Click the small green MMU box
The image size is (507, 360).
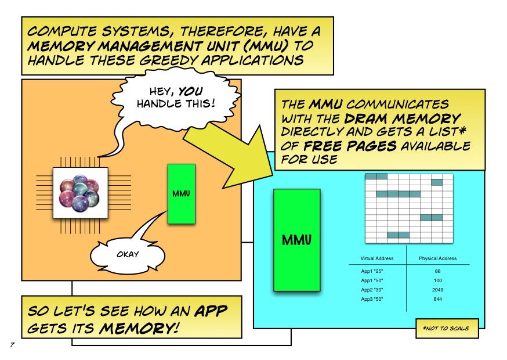(x=182, y=193)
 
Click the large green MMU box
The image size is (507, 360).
(x=297, y=240)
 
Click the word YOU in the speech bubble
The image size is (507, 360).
(x=190, y=91)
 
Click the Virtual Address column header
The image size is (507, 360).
(x=377, y=258)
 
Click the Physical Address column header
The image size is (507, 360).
(x=438, y=258)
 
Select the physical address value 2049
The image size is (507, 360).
(x=438, y=290)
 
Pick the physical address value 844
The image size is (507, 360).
(x=438, y=299)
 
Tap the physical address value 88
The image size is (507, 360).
(x=438, y=271)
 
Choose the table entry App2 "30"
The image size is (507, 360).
(x=372, y=290)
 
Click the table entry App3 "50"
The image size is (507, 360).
(x=372, y=299)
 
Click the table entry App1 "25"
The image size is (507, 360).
(x=372, y=271)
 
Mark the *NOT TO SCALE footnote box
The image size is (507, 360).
(x=447, y=328)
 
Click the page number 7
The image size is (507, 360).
(x=12, y=344)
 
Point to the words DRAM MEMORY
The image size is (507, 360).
(x=403, y=118)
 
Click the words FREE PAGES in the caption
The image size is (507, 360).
(x=350, y=146)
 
